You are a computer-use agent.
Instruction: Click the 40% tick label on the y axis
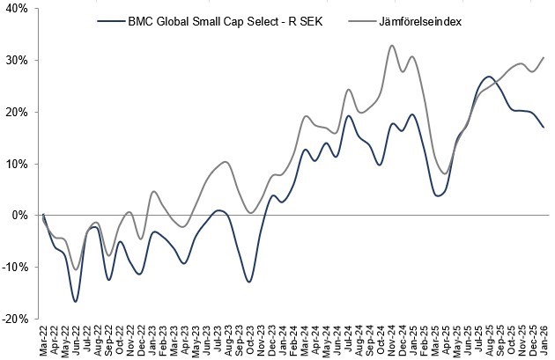tap(17, 9)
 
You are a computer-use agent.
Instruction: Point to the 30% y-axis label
tap(17, 61)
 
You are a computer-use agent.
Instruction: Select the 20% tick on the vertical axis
tap(17, 113)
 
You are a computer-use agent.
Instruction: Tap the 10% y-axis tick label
tap(17, 164)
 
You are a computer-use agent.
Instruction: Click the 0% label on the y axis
tap(20, 216)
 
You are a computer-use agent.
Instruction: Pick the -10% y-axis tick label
tap(15, 268)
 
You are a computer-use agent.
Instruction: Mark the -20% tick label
tap(15, 319)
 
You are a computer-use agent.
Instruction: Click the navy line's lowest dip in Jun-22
tap(76, 302)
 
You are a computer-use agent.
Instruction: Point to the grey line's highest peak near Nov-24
tap(392, 46)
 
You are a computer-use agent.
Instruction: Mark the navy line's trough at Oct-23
tap(249, 282)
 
